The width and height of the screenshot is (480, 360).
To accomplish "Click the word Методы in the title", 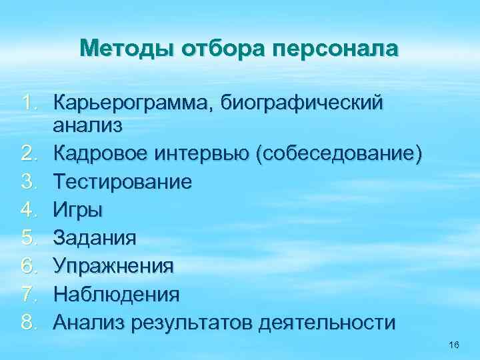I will pos(118,49).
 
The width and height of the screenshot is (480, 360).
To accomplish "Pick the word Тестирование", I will pos(123,182).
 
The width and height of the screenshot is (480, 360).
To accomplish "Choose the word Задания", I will pos(95,239).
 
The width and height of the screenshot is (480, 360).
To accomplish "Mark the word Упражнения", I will pos(114,267).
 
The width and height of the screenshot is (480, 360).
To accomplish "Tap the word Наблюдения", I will pos(116,294).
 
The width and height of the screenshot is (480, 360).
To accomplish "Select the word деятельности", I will pos(330,323).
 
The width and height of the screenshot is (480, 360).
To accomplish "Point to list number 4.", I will pos(29,211).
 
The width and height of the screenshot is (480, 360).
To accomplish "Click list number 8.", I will pos(29,323).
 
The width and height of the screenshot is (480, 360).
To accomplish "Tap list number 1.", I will pos(29,104).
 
